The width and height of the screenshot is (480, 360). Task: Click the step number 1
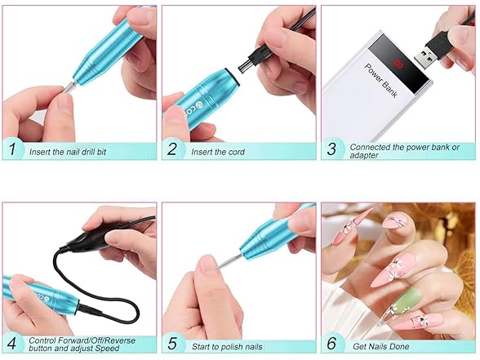tap(12, 150)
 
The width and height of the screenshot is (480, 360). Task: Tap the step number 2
tap(172, 150)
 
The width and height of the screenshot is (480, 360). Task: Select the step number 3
tap(331, 150)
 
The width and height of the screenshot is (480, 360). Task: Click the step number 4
tap(12, 344)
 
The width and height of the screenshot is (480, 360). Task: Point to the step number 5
tap(172, 344)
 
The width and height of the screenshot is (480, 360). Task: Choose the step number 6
tap(331, 344)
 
